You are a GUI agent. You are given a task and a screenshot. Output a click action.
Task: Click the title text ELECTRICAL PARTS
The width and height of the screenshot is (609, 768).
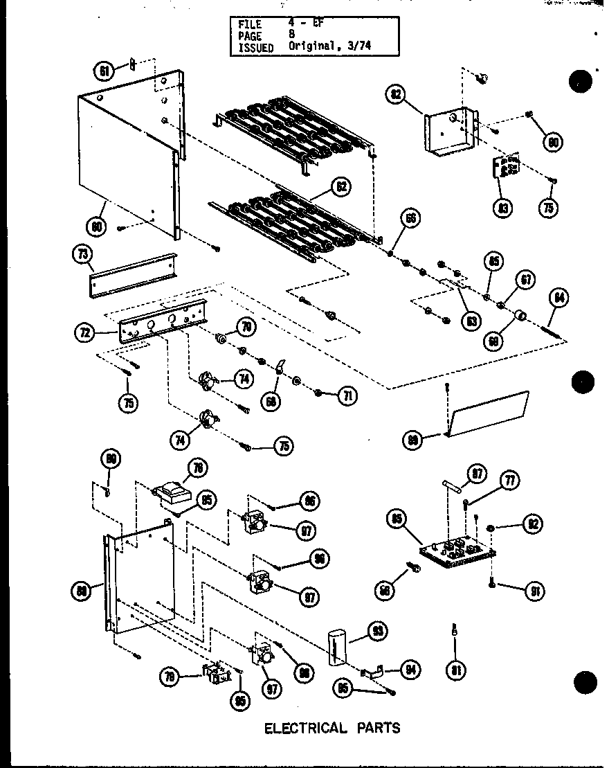[332, 728]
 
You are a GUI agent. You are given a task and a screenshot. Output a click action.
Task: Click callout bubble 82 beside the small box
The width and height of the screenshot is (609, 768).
[396, 96]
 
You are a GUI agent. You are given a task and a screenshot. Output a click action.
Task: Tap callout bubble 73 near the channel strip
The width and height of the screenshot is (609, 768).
[82, 255]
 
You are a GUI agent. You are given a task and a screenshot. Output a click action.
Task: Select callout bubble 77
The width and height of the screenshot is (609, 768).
[513, 480]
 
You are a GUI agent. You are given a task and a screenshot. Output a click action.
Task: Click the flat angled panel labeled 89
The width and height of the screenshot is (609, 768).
[489, 416]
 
